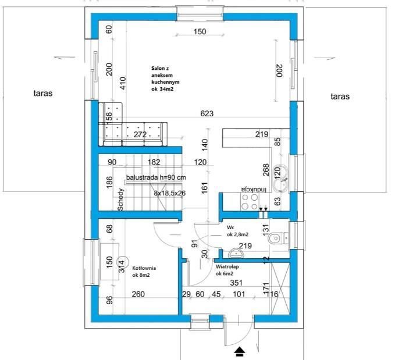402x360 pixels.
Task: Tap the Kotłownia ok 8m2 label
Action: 144,272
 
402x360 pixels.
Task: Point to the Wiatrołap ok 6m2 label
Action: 225,269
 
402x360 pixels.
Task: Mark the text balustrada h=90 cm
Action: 156,177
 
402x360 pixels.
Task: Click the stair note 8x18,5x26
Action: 170,193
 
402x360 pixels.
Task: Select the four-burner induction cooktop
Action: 250,202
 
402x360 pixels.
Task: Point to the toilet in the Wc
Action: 279,238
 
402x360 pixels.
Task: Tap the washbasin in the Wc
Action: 236,254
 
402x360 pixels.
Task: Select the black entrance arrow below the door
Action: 239,351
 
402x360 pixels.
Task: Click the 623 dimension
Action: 206,113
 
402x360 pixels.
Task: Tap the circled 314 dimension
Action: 122,266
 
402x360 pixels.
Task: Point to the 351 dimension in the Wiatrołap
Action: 235,283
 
